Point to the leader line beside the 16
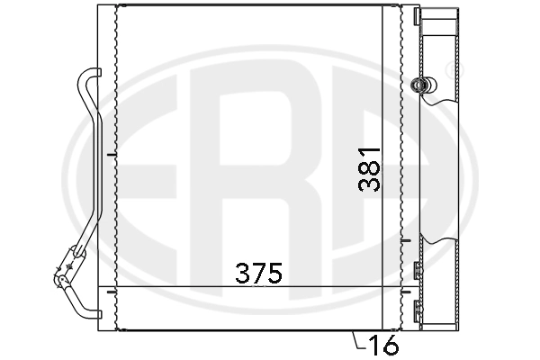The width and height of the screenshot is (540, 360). (357, 340)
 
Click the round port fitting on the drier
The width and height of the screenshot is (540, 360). (418, 85)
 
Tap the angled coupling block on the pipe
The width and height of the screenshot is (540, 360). (65, 267)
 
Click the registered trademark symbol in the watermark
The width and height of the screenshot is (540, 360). (447, 67)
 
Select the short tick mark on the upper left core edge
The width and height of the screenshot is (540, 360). (111, 155)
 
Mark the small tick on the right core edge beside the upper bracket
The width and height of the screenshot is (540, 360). (406, 241)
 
